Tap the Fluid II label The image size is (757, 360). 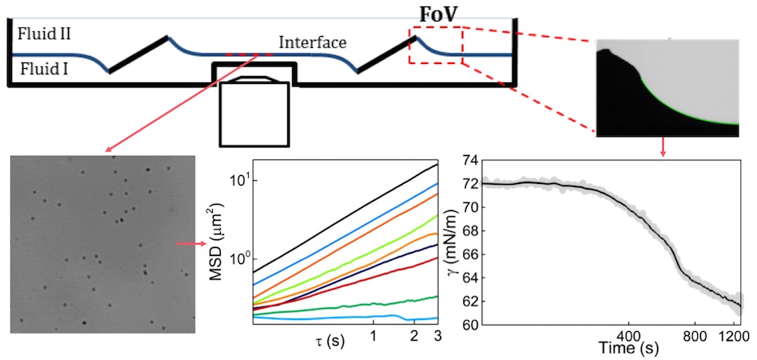coord(38,34)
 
